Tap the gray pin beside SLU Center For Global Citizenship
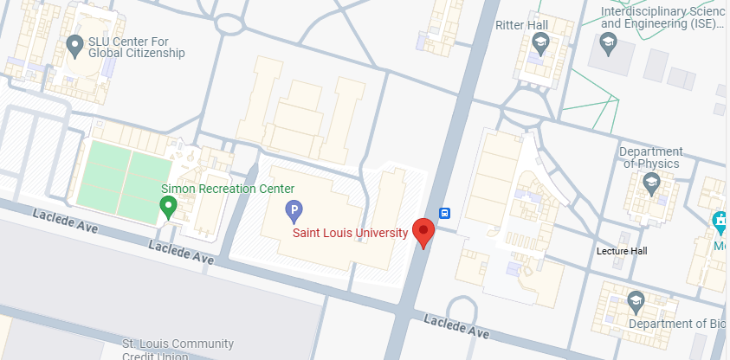(x=75, y=44)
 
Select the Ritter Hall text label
(x=522, y=26)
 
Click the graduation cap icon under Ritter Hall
(x=541, y=44)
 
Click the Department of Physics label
(x=651, y=157)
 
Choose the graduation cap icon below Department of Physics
(x=651, y=182)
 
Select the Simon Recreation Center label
(x=229, y=189)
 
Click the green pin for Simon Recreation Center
(x=169, y=206)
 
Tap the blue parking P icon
(x=294, y=209)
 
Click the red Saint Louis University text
(x=350, y=233)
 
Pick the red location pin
(x=423, y=231)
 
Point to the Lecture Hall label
(x=622, y=251)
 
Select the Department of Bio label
(x=679, y=324)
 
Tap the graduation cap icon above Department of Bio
(x=636, y=299)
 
